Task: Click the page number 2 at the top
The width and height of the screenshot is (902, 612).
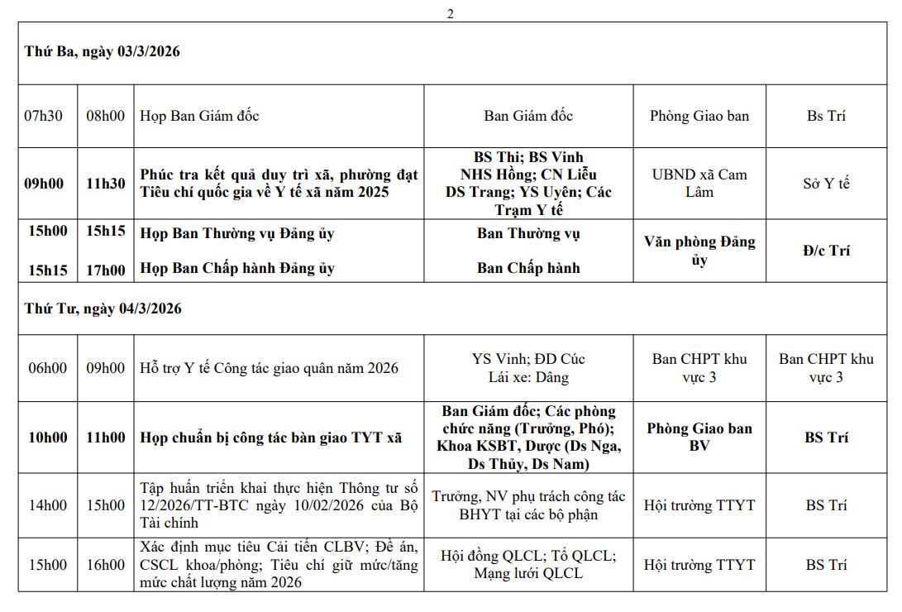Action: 451,13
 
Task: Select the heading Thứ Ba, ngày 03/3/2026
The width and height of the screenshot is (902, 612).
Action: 103,51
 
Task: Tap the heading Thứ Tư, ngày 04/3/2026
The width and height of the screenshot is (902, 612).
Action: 103,308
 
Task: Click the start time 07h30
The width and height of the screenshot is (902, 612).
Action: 44,116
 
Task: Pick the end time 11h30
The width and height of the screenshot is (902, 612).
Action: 106,184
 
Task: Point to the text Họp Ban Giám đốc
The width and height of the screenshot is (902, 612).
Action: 199,116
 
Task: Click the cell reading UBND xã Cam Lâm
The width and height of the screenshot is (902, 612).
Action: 699,184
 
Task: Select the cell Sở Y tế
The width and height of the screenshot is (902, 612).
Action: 826,184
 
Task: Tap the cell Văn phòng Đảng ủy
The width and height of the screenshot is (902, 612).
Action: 699,251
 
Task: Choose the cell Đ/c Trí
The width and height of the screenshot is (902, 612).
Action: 826,251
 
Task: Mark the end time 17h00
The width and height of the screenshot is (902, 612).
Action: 106,270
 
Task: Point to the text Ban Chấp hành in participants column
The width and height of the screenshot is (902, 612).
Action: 528,268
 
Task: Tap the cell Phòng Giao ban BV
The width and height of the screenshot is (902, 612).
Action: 699,437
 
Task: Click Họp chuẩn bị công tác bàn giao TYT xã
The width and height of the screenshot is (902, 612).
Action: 271,437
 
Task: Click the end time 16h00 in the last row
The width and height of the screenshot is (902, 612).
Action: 106,565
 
